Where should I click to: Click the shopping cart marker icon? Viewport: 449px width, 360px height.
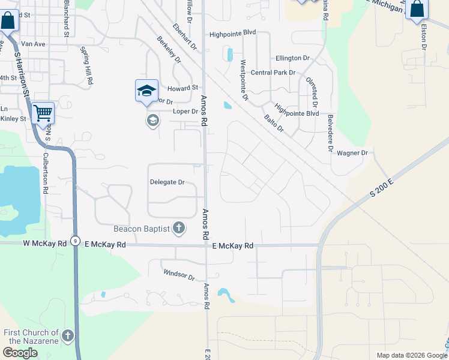click(x=43, y=113)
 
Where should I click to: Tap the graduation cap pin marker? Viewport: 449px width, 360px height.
click(x=146, y=91)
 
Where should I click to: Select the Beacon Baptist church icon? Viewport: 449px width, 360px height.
click(x=178, y=228)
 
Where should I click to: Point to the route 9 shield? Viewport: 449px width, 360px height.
click(x=75, y=240)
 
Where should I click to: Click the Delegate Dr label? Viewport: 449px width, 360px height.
click(x=167, y=182)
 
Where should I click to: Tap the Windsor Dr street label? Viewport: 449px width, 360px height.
click(x=179, y=276)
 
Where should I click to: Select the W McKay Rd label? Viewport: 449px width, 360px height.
click(x=44, y=244)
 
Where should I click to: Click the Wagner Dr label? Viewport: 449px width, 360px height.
click(x=352, y=153)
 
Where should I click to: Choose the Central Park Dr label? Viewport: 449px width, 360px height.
click(x=274, y=73)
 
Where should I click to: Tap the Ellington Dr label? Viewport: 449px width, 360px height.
click(x=292, y=58)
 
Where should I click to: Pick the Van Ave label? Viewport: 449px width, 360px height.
click(x=33, y=44)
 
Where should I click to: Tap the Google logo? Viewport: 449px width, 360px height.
click(x=20, y=353)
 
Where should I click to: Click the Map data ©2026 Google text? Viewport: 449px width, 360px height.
click(x=411, y=355)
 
